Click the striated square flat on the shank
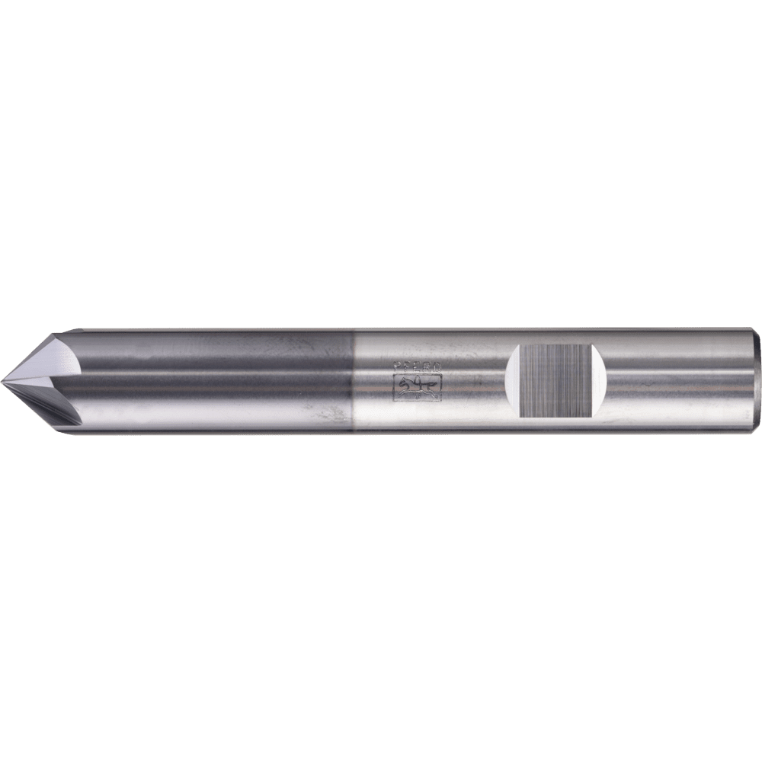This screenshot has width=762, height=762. (x=555, y=381)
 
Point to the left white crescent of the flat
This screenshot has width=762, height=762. (x=513, y=381)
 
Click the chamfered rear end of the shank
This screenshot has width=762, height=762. (x=754, y=381)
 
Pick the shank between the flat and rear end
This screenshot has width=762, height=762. (x=678, y=381)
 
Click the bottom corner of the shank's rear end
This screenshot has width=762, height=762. (x=754, y=430)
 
